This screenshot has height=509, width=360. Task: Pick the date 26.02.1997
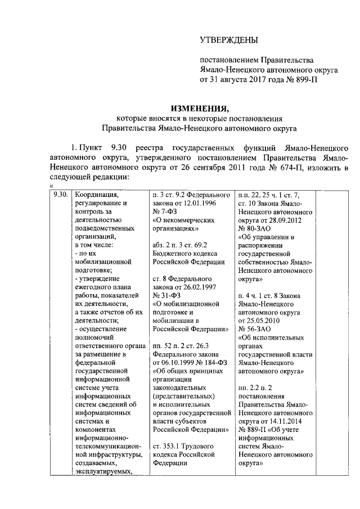[x=196, y=287]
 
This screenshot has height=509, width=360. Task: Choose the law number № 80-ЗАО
[x=256, y=229]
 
